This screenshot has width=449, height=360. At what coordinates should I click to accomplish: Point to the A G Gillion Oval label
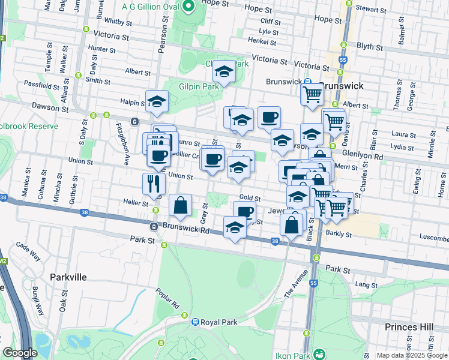click(x=150, y=6)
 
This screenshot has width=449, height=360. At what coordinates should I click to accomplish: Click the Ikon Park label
click(x=292, y=355)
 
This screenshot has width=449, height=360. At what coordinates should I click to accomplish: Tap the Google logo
click(x=20, y=353)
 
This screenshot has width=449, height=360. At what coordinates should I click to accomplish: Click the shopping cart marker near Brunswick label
click(x=312, y=94)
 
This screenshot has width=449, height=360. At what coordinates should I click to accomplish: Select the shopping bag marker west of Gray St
click(x=180, y=205)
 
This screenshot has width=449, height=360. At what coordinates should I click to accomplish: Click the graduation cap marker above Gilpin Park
click(x=224, y=72)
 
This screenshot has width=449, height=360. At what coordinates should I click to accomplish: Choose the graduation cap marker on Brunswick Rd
click(x=235, y=227)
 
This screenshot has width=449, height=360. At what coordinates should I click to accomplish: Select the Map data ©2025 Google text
click(x=412, y=355)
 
